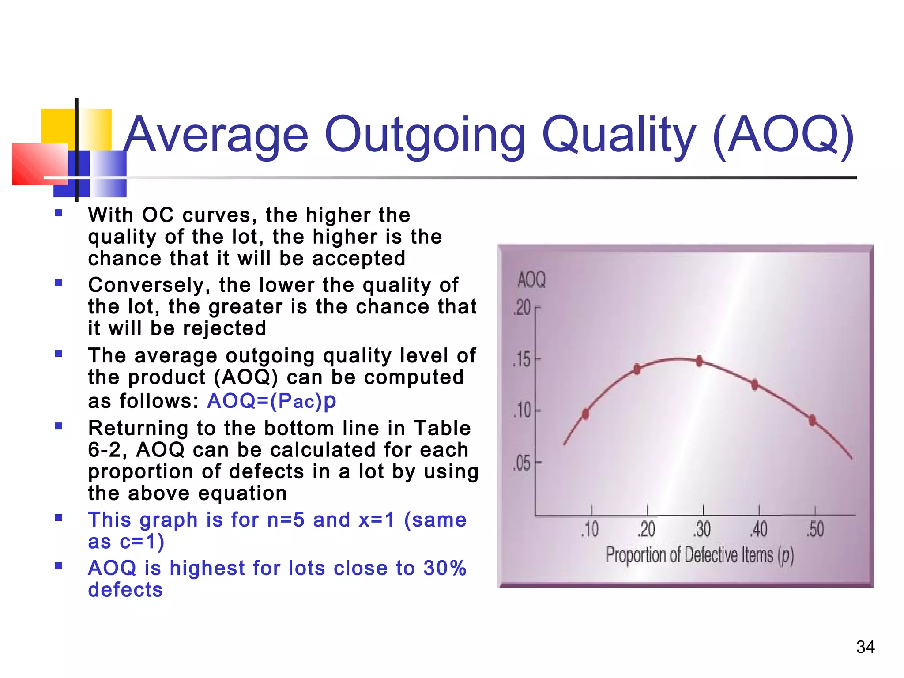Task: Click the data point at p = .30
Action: click(700, 361)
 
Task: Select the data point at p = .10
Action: click(586, 414)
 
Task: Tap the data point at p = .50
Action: click(812, 420)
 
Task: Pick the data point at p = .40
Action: click(755, 384)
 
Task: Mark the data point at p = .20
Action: click(637, 369)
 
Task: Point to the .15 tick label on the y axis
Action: click(522, 360)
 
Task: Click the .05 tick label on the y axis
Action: click(522, 463)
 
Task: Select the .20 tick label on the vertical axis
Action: click(522, 308)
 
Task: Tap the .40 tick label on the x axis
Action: click(759, 529)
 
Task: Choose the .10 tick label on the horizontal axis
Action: click(590, 529)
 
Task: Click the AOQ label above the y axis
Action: click(531, 280)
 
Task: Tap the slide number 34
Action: click(865, 647)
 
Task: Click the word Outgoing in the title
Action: click(425, 135)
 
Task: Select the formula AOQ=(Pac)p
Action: click(271, 401)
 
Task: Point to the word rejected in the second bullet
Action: click(224, 328)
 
